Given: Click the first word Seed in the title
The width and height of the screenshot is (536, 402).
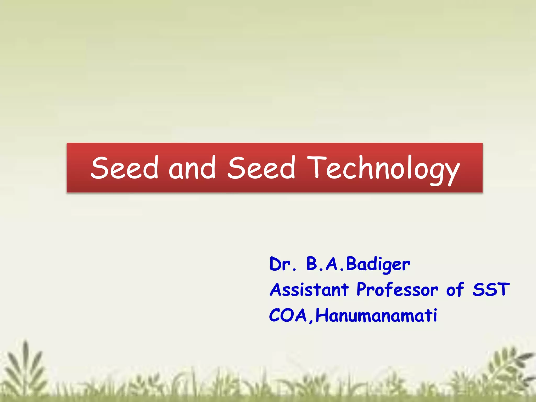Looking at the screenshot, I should click(x=125, y=167).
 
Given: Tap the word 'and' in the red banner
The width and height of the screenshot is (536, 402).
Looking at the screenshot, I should click(x=192, y=167).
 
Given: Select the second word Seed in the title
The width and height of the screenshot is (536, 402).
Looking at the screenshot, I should click(x=261, y=167).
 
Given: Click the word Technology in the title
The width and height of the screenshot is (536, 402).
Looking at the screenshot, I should click(x=383, y=169).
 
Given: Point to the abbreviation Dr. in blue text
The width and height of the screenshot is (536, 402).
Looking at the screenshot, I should click(x=283, y=264).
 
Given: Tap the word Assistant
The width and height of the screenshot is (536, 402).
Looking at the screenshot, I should click(x=309, y=290).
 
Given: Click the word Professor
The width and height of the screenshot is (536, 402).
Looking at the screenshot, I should click(x=397, y=290).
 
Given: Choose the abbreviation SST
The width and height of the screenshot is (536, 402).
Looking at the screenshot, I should click(x=491, y=290).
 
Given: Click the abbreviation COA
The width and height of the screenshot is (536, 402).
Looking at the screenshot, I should click(x=288, y=315).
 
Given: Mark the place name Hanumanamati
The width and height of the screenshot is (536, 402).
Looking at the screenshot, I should click(x=376, y=315).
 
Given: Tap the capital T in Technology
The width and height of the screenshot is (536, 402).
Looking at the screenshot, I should click(x=316, y=167).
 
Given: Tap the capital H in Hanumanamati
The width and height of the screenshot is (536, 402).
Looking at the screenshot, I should click(x=322, y=315).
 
